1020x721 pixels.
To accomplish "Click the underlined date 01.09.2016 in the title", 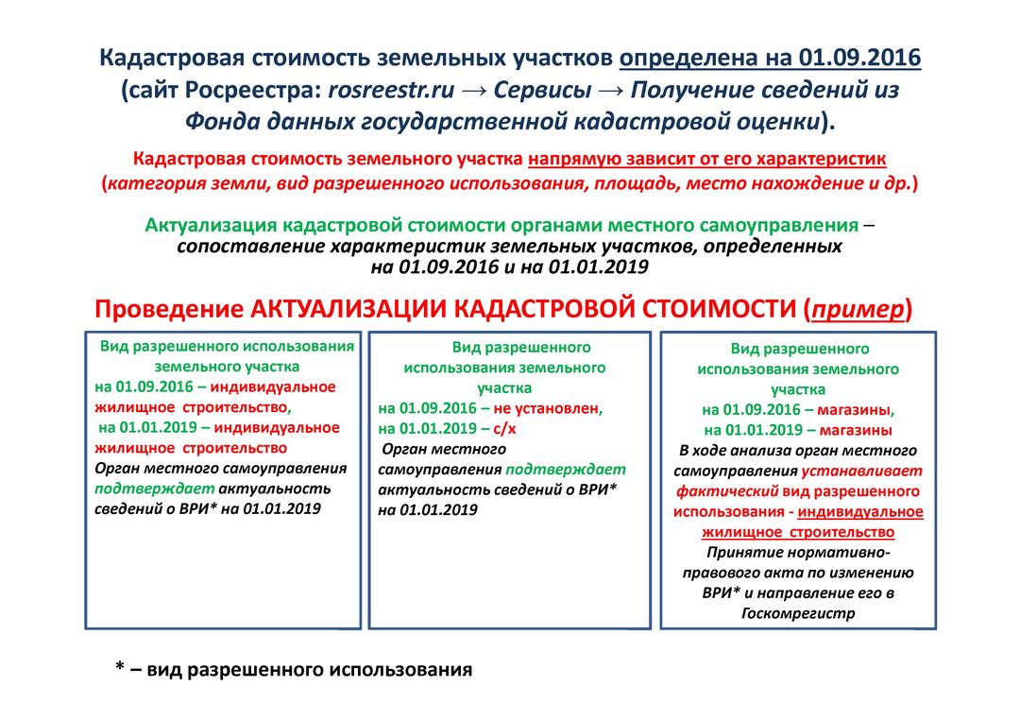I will [x=859, y=59].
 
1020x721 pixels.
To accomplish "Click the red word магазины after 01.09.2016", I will [x=855, y=409].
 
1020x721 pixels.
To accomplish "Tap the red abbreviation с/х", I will [x=506, y=428].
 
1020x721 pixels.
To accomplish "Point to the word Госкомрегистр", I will [x=798, y=613].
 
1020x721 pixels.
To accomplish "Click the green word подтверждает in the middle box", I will [x=566, y=469].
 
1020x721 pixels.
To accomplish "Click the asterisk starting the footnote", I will [x=120, y=669].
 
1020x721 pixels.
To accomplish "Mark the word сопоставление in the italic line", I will [x=248, y=247].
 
